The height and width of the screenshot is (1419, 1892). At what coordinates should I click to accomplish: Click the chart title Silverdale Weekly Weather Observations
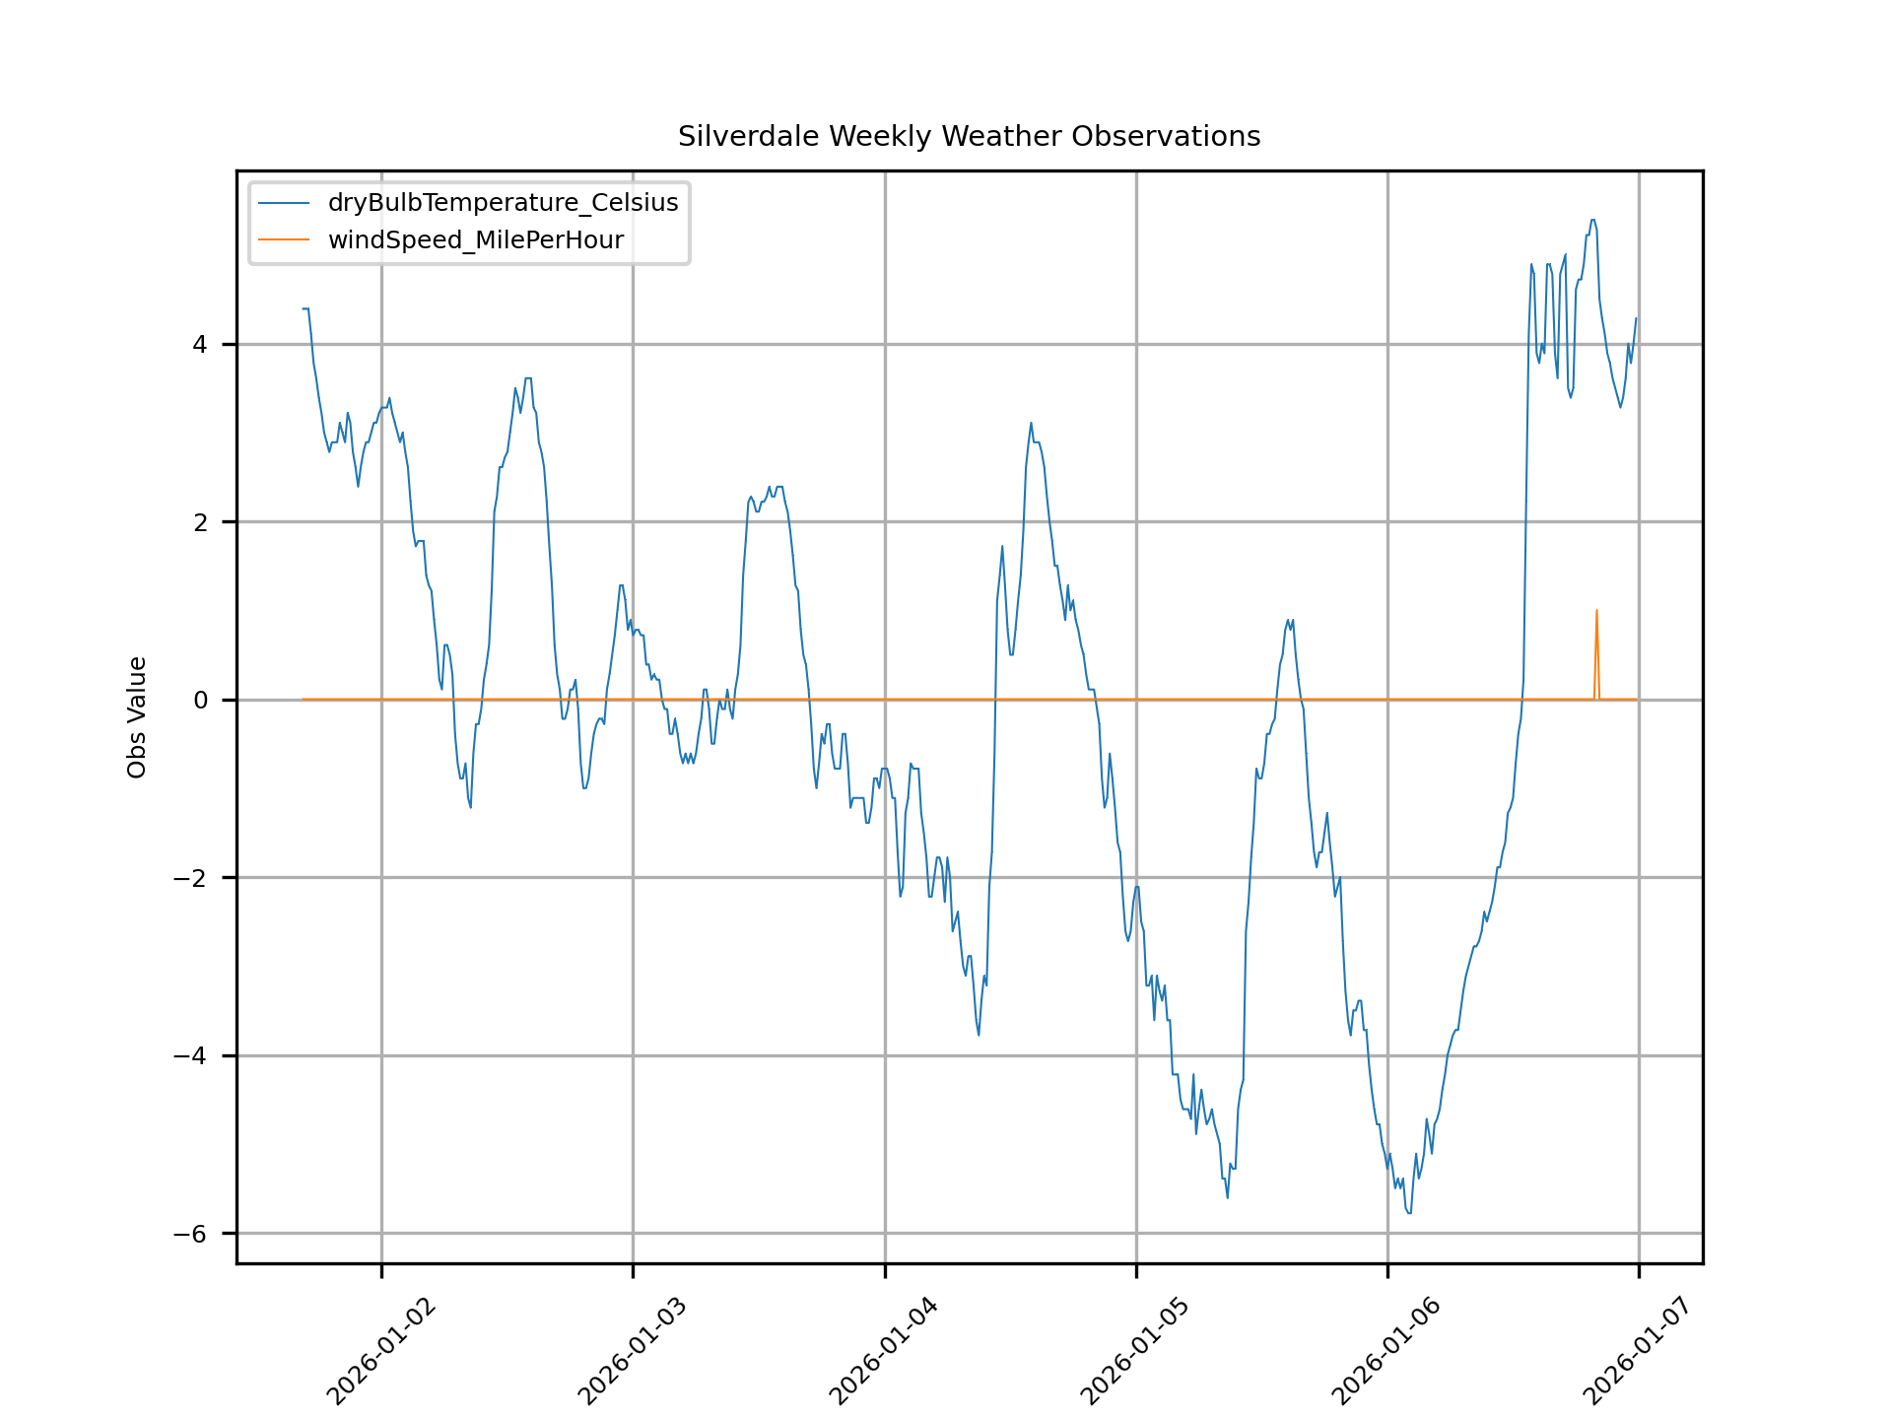click(x=969, y=136)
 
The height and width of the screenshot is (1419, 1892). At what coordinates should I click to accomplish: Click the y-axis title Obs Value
click(x=137, y=717)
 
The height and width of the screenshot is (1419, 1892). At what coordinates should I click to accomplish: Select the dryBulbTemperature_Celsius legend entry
click(x=503, y=203)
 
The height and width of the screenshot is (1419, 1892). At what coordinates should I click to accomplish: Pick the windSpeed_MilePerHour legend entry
click(x=475, y=240)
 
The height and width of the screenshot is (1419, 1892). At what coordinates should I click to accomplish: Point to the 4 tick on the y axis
click(x=200, y=344)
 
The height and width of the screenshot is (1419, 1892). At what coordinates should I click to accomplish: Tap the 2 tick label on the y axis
click(x=200, y=522)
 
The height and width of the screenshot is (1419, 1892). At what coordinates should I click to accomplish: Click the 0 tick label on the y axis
click(x=200, y=700)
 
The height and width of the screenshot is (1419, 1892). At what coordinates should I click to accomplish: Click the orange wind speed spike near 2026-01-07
click(x=1596, y=611)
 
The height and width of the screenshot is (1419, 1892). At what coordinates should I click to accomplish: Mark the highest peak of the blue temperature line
click(x=1593, y=220)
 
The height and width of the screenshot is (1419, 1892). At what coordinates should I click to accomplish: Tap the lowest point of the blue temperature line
click(x=1409, y=1213)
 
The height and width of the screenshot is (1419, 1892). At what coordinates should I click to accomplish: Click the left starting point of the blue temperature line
click(x=304, y=308)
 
